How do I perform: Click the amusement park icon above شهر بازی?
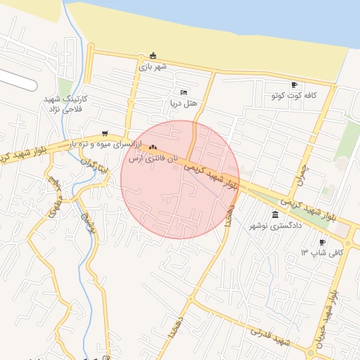(x=153, y=56)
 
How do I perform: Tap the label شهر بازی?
(x=153, y=67)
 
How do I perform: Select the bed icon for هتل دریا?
(x=184, y=92)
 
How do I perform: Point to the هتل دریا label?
(x=184, y=103)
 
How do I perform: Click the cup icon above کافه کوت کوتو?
(x=294, y=84)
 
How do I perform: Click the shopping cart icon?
(x=105, y=133)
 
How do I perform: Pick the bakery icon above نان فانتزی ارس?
(x=153, y=147)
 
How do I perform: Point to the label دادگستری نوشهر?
(x=276, y=226)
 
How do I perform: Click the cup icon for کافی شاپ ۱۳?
(x=322, y=242)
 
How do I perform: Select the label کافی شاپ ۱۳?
(x=322, y=252)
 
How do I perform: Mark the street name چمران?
(x=302, y=169)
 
